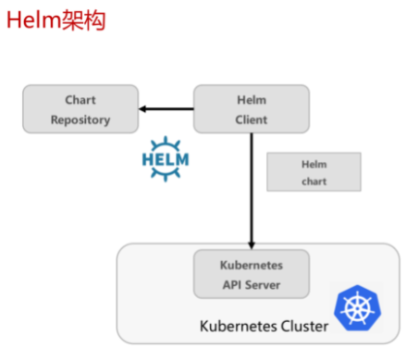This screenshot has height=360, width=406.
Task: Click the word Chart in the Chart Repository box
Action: (80, 100)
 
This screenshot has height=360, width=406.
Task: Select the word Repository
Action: (80, 119)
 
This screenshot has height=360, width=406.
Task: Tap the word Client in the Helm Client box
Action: (252, 119)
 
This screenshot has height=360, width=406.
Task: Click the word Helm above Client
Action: (252, 100)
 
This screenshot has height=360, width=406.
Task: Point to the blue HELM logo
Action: (166, 159)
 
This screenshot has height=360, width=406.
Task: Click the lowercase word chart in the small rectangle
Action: (314, 181)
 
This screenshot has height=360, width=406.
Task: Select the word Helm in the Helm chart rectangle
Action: (314, 164)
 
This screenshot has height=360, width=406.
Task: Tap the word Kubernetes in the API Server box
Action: (252, 266)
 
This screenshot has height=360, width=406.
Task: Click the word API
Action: (232, 285)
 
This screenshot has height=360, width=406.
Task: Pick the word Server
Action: (263, 285)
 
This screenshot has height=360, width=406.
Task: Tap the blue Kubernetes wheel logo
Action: (358, 308)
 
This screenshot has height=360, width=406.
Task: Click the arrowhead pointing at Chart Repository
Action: (142, 109)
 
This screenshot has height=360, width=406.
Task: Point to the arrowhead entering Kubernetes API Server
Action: (252, 245)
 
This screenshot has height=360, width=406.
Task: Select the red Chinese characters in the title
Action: (83, 20)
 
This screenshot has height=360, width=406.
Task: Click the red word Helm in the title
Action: (34, 20)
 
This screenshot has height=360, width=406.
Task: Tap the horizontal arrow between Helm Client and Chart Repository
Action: (166, 109)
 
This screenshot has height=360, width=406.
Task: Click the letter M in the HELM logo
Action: (182, 159)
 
